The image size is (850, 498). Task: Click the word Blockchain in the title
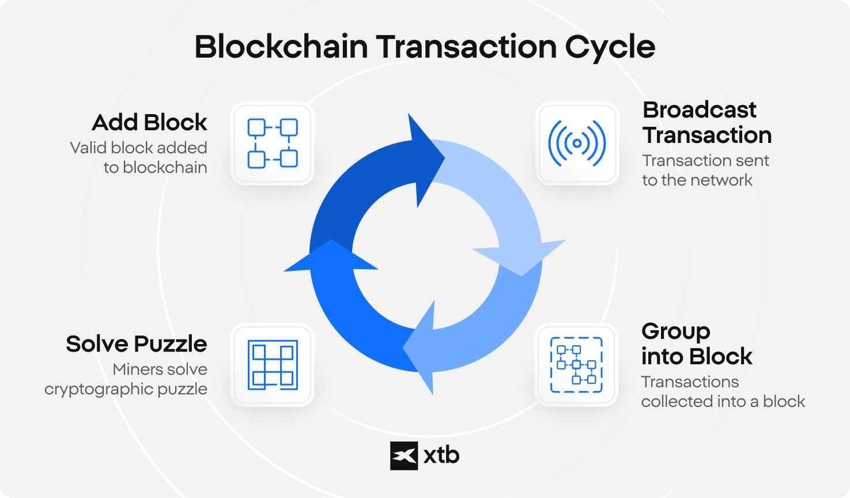tap(281, 47)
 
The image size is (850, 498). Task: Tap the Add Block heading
tap(149, 123)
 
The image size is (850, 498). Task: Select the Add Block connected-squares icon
tap(273, 144)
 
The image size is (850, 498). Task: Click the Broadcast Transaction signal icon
tap(577, 144)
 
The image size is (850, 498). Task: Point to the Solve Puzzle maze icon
tap(273, 365)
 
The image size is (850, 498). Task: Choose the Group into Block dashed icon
tap(576, 365)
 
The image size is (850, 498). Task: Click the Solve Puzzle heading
tap(137, 344)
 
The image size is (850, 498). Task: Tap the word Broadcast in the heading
tap(700, 110)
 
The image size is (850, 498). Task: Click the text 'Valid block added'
tap(138, 148)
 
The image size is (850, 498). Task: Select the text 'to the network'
tap(697, 180)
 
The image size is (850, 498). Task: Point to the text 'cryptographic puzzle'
tap(126, 390)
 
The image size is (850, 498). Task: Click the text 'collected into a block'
tap(723, 402)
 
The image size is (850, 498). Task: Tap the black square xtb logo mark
tap(404, 455)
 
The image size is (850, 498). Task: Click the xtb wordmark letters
tap(441, 455)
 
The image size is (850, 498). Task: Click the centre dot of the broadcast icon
tap(577, 144)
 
